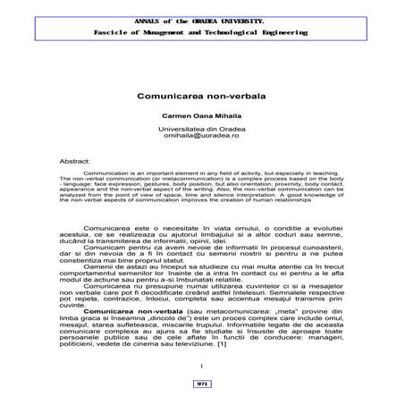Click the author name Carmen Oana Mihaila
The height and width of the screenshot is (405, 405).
[x=202, y=116]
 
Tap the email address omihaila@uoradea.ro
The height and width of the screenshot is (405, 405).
[x=202, y=137]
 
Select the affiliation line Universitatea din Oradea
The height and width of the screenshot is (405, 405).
[x=202, y=130]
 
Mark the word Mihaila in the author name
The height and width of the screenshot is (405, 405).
[x=228, y=116]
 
